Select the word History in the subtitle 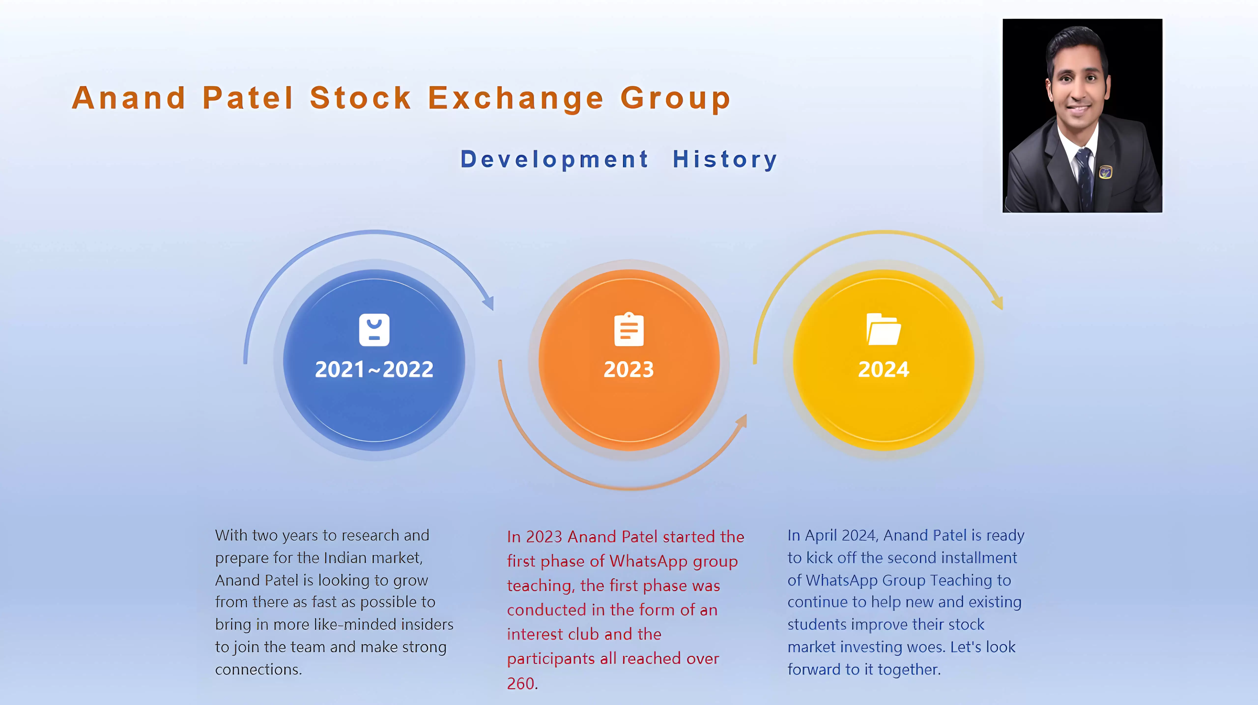click(x=725, y=160)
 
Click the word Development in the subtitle click(x=555, y=160)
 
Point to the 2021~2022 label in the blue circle click(x=374, y=369)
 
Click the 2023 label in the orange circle click(x=629, y=369)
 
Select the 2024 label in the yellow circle click(x=884, y=369)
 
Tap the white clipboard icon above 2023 click(x=629, y=329)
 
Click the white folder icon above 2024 click(x=884, y=329)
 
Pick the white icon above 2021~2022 click(x=374, y=330)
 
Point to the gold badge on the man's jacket click(x=1105, y=172)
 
